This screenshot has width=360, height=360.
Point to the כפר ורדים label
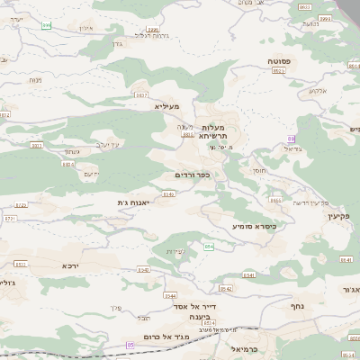pos(192,175)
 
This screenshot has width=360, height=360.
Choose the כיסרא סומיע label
pos(255,226)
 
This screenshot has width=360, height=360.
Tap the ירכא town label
pos(71,265)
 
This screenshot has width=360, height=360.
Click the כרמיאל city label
pos(245,347)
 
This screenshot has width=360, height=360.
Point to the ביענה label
pos(200,318)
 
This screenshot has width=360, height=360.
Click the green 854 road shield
pos(209,246)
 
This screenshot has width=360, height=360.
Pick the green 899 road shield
pos(46,25)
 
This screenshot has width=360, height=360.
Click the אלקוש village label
pos(318,90)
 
